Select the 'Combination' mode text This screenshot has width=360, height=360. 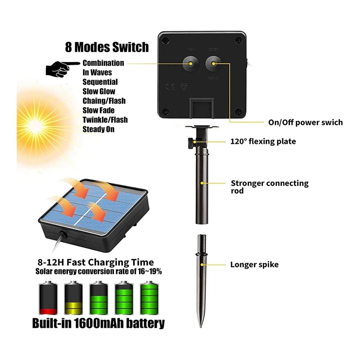103,63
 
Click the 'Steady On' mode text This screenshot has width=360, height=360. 99,129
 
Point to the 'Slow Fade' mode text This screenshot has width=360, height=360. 99,110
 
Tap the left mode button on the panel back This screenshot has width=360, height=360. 191,64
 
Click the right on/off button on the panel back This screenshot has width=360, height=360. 213,64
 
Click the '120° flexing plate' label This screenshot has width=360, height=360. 263,142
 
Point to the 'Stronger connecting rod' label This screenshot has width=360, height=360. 270,187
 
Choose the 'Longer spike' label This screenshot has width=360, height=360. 254,265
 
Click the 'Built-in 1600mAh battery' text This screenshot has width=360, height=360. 98,324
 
